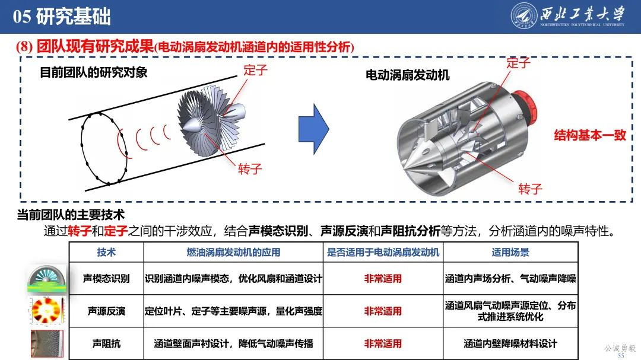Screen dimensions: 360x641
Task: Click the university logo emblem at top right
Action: click(x=524, y=16)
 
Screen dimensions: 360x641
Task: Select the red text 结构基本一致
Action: click(x=590, y=135)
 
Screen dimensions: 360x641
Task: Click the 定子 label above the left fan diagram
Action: click(x=255, y=69)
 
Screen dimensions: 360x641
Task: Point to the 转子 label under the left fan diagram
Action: click(x=250, y=168)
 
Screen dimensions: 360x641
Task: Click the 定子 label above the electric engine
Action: click(x=518, y=62)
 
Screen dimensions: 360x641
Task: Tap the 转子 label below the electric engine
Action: click(x=530, y=189)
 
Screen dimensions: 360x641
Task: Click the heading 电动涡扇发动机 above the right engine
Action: click(x=407, y=75)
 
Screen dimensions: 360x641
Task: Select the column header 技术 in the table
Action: click(x=106, y=252)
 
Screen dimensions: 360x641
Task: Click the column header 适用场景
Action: click(x=510, y=252)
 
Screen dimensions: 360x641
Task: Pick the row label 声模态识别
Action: click(x=106, y=278)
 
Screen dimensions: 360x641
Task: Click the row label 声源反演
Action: click(x=106, y=311)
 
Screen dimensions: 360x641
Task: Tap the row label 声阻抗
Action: click(x=106, y=343)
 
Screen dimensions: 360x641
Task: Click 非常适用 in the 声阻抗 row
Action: click(x=383, y=343)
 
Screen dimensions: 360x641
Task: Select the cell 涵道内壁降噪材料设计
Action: click(x=510, y=343)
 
